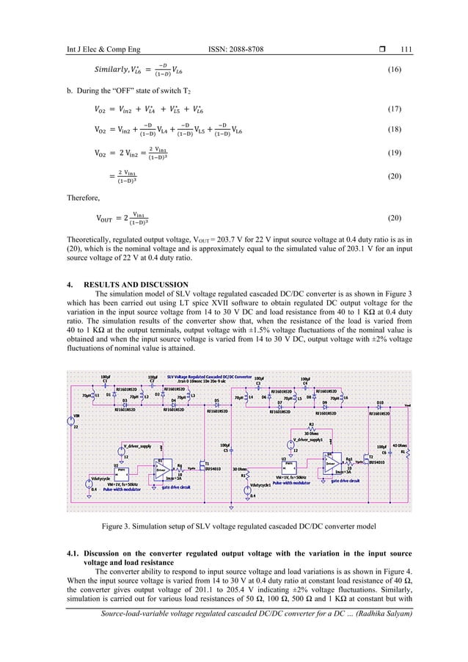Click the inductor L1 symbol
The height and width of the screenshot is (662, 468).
tap(92, 396)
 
